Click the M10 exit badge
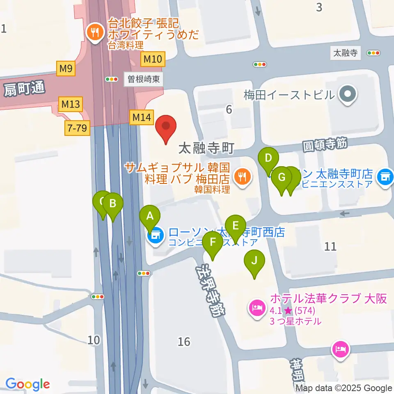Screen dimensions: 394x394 [x=153, y=60]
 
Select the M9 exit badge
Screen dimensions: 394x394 [x=66, y=69]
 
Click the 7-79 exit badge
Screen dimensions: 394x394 [x=76, y=129]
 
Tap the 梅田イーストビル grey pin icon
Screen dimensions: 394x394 [x=348, y=95]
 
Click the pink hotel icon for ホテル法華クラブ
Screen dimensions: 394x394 [x=257, y=307]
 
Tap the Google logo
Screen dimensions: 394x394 [x=27, y=385]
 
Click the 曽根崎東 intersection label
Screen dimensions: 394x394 [x=143, y=79]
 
